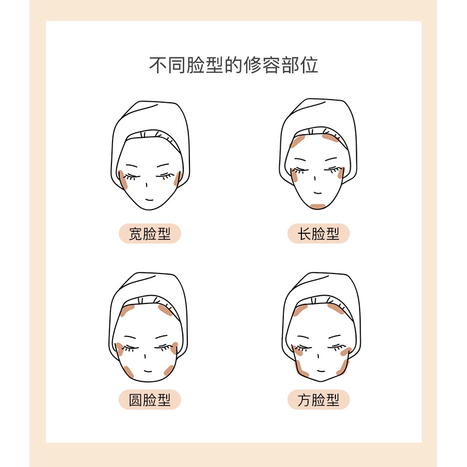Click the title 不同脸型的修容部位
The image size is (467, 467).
point(233,65)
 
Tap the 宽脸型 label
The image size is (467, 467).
point(150,233)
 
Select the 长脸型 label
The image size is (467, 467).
point(318,233)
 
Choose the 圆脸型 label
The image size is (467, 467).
point(150,400)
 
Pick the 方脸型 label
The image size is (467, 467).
point(318,400)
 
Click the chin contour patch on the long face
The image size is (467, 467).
point(318,206)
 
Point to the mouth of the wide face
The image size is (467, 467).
point(149,200)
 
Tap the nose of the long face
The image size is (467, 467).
point(315,178)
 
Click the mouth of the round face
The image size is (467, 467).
point(148,371)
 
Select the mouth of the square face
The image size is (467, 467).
point(321,371)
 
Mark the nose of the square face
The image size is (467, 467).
point(318,356)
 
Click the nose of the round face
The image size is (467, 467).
point(145,356)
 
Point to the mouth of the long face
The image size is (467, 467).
point(318,193)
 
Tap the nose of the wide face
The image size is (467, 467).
point(147,185)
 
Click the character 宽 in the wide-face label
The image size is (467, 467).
point(136,233)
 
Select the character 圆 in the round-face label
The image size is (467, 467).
point(136,400)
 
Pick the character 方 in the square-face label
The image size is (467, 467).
point(304,400)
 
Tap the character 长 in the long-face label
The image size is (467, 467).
point(304,233)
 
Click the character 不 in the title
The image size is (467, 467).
point(158,65)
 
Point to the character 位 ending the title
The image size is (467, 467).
point(309,65)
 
